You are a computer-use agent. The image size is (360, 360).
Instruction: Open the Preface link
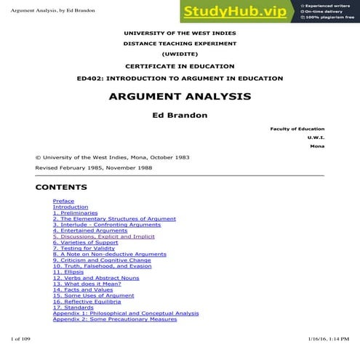pyautogui.click(x=63, y=201)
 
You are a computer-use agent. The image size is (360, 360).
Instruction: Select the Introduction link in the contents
pyautogui.click(x=71, y=207)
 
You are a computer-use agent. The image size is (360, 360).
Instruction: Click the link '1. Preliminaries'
pyautogui.click(x=75, y=212)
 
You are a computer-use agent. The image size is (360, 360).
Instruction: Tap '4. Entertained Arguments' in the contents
pyautogui.click(x=89, y=231)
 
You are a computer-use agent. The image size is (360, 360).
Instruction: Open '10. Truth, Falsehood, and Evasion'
pyautogui.click(x=102, y=266)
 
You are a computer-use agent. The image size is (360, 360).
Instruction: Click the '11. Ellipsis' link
pyautogui.click(x=68, y=272)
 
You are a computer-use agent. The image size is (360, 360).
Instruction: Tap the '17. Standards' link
pyautogui.click(x=72, y=308)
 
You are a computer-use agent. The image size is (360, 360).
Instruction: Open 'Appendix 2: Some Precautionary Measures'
pyautogui.click(x=115, y=319)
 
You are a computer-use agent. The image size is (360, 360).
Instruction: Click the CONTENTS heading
pyautogui.click(x=61, y=187)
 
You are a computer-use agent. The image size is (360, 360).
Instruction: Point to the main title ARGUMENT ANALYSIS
pyautogui.click(x=180, y=96)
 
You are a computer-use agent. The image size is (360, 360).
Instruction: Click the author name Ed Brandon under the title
pyautogui.click(x=180, y=114)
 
